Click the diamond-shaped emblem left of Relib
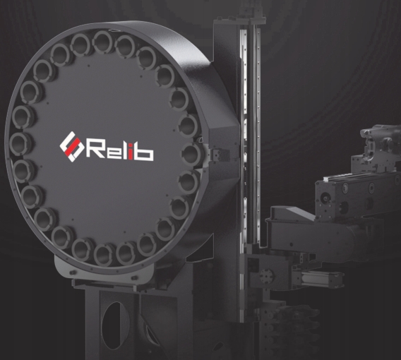click(x=72, y=147)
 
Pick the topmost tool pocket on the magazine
click(x=103, y=42)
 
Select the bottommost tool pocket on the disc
click(x=104, y=254)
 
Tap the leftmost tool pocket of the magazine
click(x=20, y=143)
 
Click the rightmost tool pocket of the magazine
click(x=192, y=154)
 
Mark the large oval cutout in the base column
click(x=116, y=325)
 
